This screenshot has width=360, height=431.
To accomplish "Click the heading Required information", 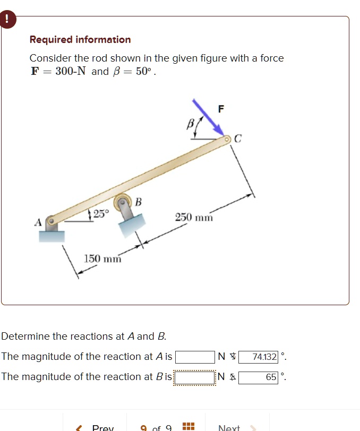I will [x=80, y=40].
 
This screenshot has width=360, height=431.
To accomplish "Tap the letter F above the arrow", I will [x=221, y=109].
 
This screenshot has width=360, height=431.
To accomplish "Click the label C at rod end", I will [x=238, y=139].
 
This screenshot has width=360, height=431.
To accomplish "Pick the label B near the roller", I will [x=139, y=202].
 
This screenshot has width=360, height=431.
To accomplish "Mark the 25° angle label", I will [x=100, y=214].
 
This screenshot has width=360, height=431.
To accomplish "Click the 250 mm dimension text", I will [x=194, y=218].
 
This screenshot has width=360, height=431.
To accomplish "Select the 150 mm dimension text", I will [x=103, y=258].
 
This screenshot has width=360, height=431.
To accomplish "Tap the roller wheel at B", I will [x=123, y=202].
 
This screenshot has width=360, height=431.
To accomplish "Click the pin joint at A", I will [x=52, y=220].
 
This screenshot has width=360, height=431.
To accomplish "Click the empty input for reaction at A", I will [x=195, y=357].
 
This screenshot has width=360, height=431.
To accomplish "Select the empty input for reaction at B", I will [x=195, y=377].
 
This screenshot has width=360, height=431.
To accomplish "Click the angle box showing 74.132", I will [x=259, y=357].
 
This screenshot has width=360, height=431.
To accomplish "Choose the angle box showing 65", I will [x=259, y=377].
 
